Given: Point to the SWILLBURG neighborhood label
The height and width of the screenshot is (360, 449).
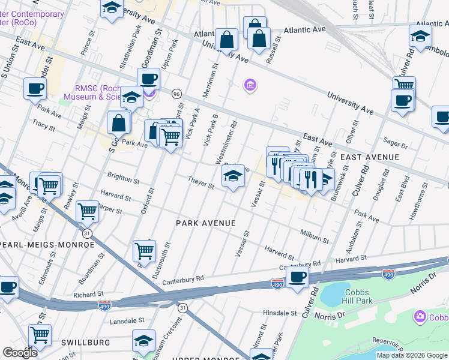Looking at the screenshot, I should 85,342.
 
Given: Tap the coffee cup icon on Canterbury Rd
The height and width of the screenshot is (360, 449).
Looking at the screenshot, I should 297,277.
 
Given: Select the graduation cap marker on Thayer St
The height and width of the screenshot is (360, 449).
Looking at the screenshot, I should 234,176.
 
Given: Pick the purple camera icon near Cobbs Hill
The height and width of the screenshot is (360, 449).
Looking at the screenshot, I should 420,316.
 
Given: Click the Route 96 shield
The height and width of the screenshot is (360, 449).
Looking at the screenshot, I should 176,94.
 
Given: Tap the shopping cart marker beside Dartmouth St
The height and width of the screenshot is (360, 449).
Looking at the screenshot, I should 144,250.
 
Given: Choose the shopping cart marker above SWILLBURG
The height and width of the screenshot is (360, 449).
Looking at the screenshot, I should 40,334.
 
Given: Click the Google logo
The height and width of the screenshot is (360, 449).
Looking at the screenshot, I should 20,353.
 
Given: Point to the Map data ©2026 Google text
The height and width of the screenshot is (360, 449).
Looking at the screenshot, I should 412,355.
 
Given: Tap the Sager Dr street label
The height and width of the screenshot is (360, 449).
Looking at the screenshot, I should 395,145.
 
